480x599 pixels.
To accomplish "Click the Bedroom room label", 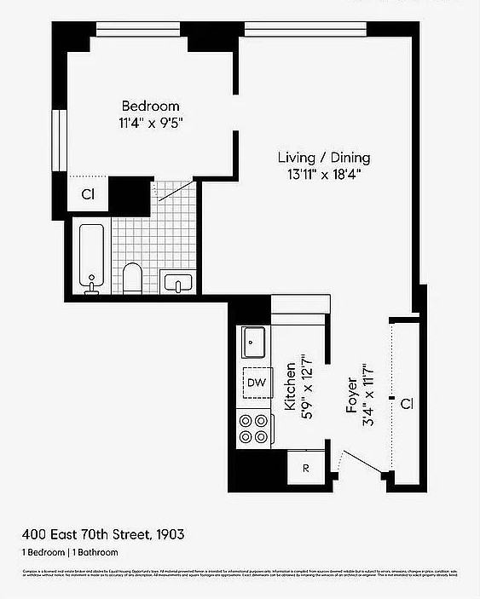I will [150, 107].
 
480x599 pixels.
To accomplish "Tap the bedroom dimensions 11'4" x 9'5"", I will [151, 123].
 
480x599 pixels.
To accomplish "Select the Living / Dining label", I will [324, 158].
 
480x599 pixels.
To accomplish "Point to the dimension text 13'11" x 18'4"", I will [324, 175].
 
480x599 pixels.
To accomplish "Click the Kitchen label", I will [290, 385].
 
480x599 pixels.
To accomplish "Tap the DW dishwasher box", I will [256, 383].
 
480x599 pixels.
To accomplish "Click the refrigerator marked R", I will [305, 468].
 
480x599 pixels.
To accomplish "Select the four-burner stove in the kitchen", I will [253, 428].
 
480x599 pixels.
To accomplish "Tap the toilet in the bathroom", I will [132, 277].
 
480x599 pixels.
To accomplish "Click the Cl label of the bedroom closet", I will [88, 194].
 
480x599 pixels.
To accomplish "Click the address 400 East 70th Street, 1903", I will [103, 534].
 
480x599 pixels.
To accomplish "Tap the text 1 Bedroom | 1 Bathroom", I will [70, 553].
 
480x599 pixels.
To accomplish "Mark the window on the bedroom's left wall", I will [60, 141].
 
